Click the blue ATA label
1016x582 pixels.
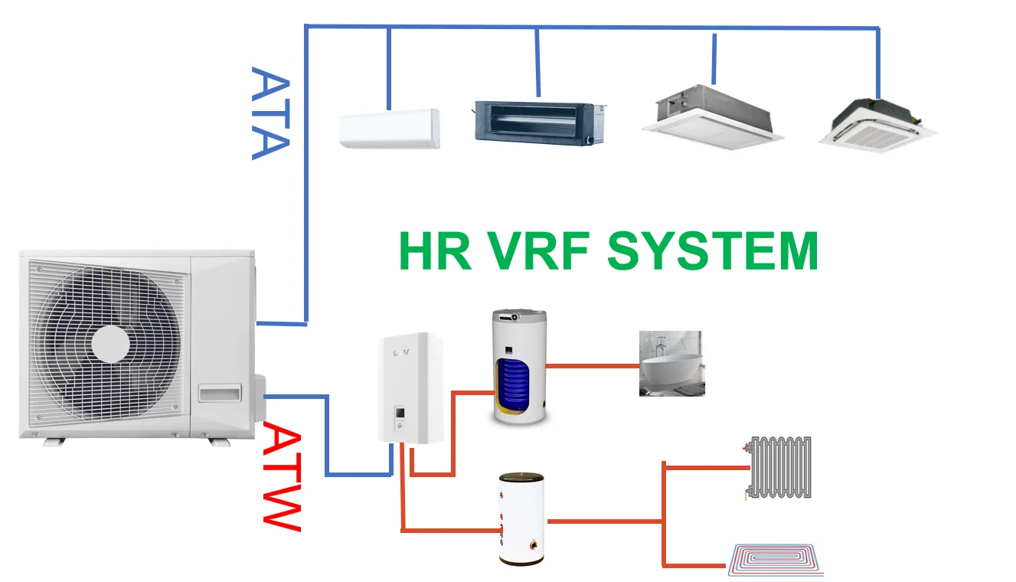coord(270,113)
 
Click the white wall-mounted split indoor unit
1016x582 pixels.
coord(390,129)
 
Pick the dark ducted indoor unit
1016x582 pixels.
coord(539,122)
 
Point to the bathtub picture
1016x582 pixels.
coord(671,363)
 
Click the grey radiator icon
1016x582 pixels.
coord(779,467)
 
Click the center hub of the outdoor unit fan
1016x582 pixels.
coord(110,344)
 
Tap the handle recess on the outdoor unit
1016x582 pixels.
coord(219,393)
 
